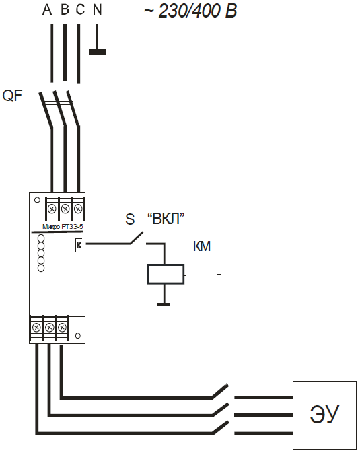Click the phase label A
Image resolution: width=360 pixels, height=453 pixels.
(x=47, y=10)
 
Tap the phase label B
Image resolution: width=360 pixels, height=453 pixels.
(x=65, y=10)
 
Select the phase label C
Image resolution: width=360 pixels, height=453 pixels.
(x=80, y=10)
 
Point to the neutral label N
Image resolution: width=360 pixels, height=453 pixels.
(x=98, y=10)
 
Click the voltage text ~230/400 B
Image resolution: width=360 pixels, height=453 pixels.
(x=190, y=11)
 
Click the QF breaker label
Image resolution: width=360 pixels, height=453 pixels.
(x=12, y=96)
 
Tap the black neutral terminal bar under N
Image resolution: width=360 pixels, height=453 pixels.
(x=98, y=52)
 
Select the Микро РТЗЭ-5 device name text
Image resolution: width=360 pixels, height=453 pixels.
(x=63, y=227)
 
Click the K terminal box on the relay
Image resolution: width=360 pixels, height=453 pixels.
(x=79, y=245)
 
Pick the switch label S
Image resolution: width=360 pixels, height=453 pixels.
(x=130, y=219)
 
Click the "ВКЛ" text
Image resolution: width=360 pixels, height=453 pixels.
(x=166, y=219)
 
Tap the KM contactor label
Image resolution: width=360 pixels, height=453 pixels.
(x=202, y=246)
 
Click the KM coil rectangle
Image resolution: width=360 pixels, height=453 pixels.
(x=166, y=274)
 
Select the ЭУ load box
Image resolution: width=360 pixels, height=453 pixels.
(x=325, y=415)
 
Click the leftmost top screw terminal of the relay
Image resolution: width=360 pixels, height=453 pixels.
(x=52, y=208)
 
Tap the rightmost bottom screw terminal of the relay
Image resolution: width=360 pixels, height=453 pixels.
(x=62, y=328)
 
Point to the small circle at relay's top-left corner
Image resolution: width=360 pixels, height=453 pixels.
(x=37, y=200)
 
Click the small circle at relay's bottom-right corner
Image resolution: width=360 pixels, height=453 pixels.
(x=78, y=336)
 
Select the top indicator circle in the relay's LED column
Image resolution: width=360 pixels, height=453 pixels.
(x=41, y=238)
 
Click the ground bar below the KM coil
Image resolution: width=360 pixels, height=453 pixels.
(x=164, y=304)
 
